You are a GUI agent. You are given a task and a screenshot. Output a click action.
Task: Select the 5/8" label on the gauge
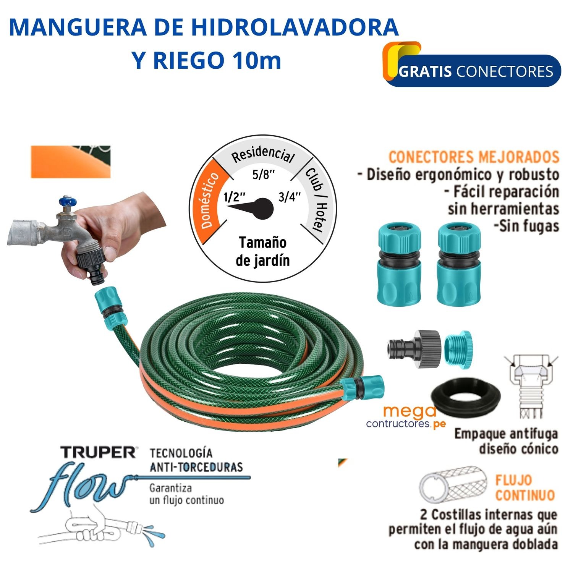264,175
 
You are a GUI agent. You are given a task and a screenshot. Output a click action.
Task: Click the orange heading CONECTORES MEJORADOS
474,157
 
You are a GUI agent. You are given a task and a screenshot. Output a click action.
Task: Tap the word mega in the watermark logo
410,412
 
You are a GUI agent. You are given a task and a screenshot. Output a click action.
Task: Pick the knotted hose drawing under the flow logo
101,529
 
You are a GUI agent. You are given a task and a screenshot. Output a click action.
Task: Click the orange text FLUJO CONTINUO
524,488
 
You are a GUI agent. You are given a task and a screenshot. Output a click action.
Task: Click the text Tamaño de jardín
263,251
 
